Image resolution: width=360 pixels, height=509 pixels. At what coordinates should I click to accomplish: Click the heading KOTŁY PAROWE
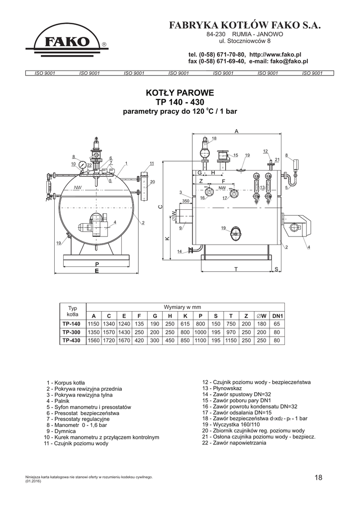[180, 93]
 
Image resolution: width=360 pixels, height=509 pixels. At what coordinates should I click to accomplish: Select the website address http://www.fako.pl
[275, 55]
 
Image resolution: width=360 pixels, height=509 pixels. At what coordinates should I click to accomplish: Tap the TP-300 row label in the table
[72, 332]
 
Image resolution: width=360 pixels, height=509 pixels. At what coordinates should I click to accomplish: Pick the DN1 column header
[277, 316]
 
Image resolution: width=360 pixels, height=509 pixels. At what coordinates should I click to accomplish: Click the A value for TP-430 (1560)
[94, 340]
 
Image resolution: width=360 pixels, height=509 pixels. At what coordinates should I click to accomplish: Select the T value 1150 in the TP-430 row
[231, 340]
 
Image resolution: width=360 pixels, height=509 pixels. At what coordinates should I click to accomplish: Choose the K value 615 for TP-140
[185, 324]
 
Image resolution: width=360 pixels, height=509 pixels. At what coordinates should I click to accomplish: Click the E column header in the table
[124, 316]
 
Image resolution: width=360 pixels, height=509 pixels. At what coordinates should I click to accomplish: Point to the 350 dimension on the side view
[185, 201]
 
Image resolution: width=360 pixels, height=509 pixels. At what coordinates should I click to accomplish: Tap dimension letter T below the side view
[236, 269]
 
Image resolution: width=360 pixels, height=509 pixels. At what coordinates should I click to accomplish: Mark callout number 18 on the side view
[214, 139]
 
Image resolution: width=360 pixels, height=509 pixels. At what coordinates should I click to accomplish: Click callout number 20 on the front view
[153, 182]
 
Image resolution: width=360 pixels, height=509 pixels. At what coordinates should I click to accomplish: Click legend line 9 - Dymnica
[61, 431]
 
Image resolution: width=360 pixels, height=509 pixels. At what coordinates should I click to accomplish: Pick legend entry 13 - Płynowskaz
[222, 388]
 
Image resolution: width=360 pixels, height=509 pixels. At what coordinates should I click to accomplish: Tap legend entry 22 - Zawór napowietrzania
[234, 443]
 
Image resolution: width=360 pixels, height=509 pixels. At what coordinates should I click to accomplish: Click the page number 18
[318, 478]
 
